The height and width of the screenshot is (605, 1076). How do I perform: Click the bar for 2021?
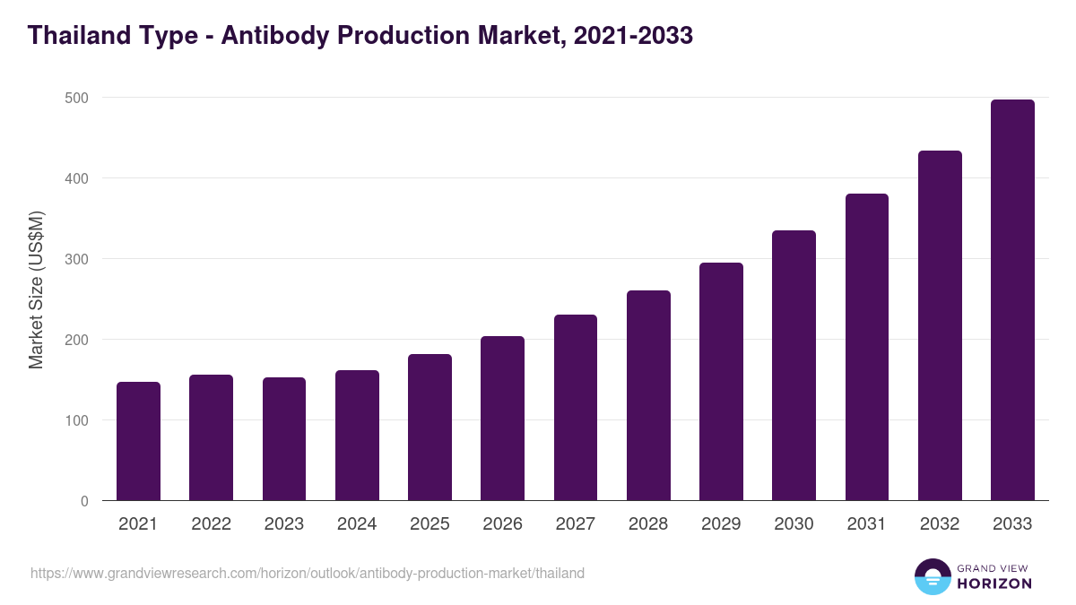click(x=138, y=442)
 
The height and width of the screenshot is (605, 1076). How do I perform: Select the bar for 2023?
click(x=284, y=439)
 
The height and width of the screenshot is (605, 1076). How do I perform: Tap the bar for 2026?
click(x=502, y=419)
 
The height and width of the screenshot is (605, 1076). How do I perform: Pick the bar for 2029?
click(x=721, y=382)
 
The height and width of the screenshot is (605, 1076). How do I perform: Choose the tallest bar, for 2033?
click(x=1012, y=300)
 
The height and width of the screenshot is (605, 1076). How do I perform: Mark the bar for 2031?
click(x=866, y=347)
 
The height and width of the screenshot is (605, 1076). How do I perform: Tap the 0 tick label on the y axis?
click(x=84, y=502)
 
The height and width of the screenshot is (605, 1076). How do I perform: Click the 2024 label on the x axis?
click(x=357, y=524)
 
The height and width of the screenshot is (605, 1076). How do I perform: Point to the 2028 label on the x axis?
click(x=648, y=524)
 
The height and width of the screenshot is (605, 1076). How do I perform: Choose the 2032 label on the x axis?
click(x=940, y=524)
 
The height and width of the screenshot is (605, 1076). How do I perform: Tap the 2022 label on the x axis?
click(x=211, y=524)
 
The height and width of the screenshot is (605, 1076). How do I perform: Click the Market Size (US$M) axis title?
click(x=37, y=290)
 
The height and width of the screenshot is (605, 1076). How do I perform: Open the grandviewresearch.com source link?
click(x=308, y=573)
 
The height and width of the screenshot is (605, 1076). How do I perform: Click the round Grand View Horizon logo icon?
click(x=932, y=577)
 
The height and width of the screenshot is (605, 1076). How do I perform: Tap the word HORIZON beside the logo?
click(x=994, y=583)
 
